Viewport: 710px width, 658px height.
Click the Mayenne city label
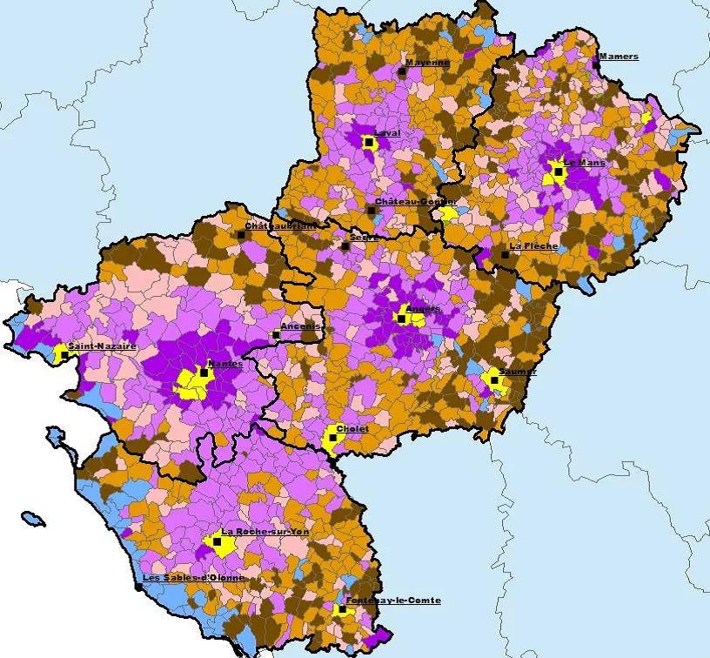coord(427,63)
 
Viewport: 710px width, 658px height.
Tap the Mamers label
coord(619,57)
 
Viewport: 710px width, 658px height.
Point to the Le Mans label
coord(584,162)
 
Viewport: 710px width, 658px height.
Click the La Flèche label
coord(527,245)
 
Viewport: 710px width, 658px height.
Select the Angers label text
coord(423,308)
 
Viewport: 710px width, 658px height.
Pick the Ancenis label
coord(301,326)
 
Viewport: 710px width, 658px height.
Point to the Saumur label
coord(519,371)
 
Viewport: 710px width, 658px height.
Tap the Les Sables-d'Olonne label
coord(193,578)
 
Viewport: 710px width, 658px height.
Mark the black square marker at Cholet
coord(332,438)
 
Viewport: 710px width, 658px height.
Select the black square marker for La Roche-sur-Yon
coord(217,541)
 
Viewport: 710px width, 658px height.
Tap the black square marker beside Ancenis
coord(276,334)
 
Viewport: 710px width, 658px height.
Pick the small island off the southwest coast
coord(32,520)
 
